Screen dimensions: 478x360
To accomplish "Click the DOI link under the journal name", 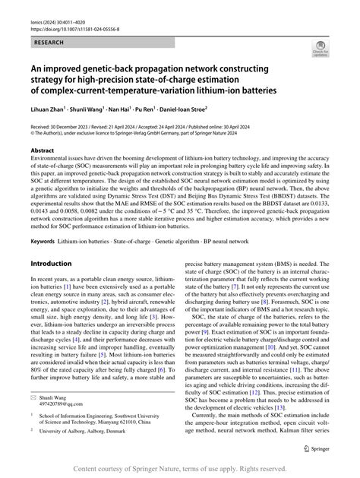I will [x=73, y=15].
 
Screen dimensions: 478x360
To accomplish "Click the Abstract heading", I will [x=43, y=150].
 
